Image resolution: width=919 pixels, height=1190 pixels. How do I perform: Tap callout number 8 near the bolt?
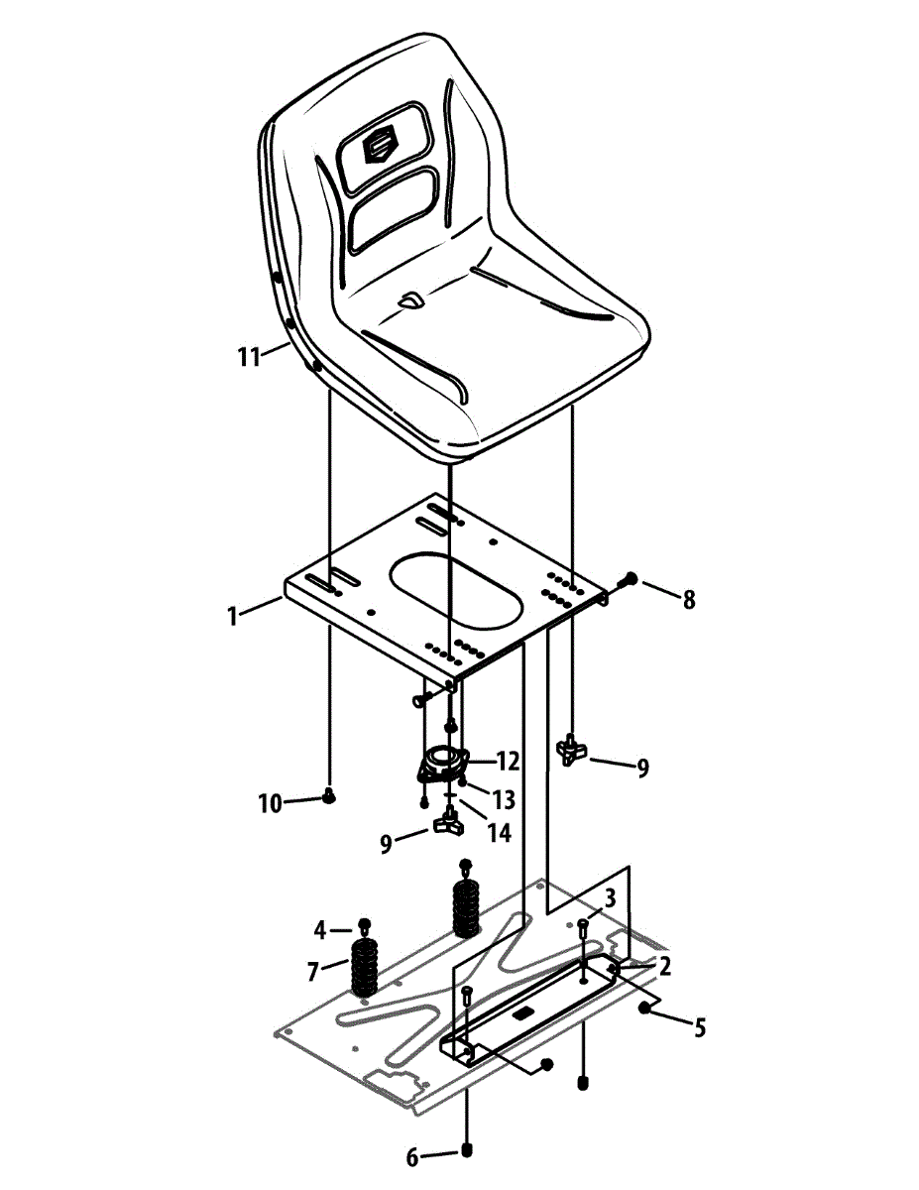point(687,599)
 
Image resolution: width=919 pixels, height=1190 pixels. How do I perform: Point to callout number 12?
point(508,762)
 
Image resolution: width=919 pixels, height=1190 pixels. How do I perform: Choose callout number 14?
point(499,833)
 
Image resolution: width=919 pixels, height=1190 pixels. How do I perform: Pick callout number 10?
point(270,803)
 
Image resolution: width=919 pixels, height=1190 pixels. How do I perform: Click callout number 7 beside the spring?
point(314,972)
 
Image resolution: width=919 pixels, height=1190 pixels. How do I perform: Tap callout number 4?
point(320,930)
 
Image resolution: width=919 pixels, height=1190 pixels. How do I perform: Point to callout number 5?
point(700,1028)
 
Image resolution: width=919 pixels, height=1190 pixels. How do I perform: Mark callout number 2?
point(664,966)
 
